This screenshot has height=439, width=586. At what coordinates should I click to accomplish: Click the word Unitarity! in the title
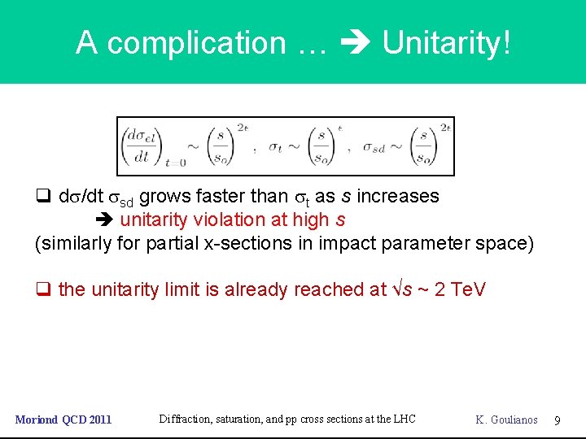click(447, 42)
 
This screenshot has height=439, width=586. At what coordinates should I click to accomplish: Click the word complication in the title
click(196, 42)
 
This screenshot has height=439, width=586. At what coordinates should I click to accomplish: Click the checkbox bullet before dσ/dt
click(42, 197)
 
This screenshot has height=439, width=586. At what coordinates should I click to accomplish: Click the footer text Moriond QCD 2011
click(63, 419)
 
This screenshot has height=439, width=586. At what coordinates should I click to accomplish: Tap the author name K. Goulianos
click(506, 419)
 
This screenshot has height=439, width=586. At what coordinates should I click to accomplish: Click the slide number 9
click(558, 419)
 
